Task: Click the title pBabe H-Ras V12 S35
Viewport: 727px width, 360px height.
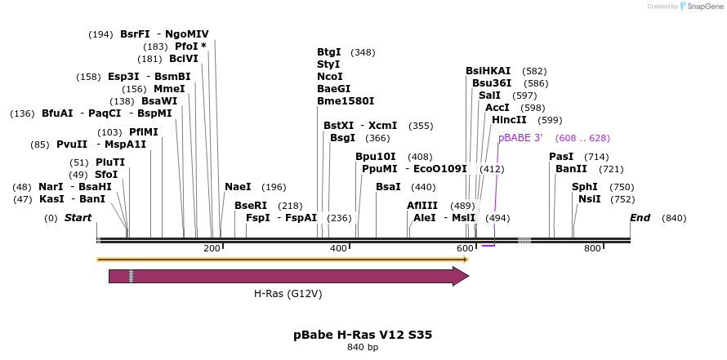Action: coord(363,335)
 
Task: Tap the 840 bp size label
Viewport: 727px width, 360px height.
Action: coord(363,348)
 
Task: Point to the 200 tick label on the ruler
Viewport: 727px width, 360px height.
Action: coord(212,247)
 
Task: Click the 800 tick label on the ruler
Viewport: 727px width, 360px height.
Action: coord(592,247)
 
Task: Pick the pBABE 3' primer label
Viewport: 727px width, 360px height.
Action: coord(520,138)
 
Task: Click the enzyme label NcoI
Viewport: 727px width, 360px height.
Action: coord(330,76)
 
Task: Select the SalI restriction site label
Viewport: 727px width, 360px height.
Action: coord(489,96)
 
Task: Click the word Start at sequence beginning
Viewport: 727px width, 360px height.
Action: coord(78,218)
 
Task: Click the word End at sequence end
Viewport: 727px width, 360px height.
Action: coord(640,218)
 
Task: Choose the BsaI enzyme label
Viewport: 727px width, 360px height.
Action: coord(388,187)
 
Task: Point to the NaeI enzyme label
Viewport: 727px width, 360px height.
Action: coord(238,187)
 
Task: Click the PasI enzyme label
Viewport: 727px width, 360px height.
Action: coord(561,156)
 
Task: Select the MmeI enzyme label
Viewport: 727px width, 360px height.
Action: coord(169,89)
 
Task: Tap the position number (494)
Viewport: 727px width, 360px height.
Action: coord(497,218)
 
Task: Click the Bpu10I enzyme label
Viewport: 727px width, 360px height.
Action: coord(375,156)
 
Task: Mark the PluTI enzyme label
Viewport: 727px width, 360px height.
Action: coord(110,162)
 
